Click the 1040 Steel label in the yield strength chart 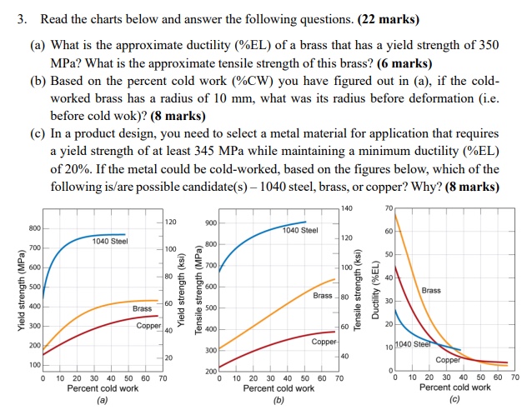point(110,242)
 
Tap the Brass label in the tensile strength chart point(324,296)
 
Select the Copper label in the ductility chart point(448,360)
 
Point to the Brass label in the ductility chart point(431,290)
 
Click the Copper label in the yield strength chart point(148,325)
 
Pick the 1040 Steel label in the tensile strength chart point(300,230)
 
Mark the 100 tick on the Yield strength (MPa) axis point(33,365)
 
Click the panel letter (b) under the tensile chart point(279,400)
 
